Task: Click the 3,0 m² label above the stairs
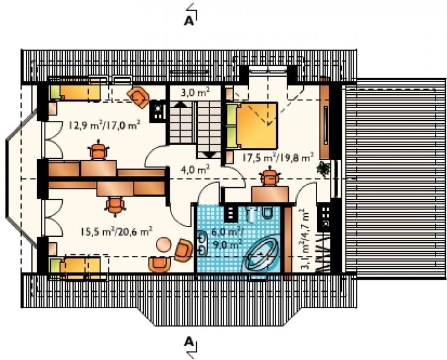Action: point(195,92)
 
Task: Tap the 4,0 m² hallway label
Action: point(196,170)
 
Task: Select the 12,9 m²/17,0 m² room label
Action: point(105,125)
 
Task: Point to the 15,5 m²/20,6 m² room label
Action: point(116,231)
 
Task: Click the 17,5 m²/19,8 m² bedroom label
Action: point(278,157)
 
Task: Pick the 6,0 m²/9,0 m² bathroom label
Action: point(226,237)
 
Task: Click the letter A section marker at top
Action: point(188,21)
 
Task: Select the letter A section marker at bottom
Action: point(188,341)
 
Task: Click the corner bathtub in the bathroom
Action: point(263,253)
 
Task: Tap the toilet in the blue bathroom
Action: point(267,213)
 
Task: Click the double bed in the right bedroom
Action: point(252,126)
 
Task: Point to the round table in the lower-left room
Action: point(164,245)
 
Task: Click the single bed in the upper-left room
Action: point(76,92)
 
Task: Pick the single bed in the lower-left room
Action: point(75,265)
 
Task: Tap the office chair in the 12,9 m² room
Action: point(98,150)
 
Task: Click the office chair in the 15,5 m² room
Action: point(115,205)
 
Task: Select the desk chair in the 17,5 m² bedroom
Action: point(269,176)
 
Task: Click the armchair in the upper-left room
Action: point(138,97)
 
